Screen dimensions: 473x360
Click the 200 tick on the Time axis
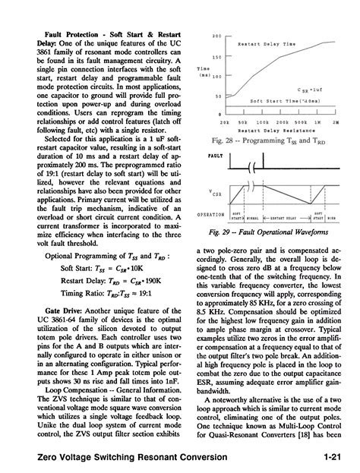(x=216, y=36)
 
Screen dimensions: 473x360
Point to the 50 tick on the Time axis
(x=217, y=96)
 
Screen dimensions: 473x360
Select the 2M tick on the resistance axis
(x=336, y=121)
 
